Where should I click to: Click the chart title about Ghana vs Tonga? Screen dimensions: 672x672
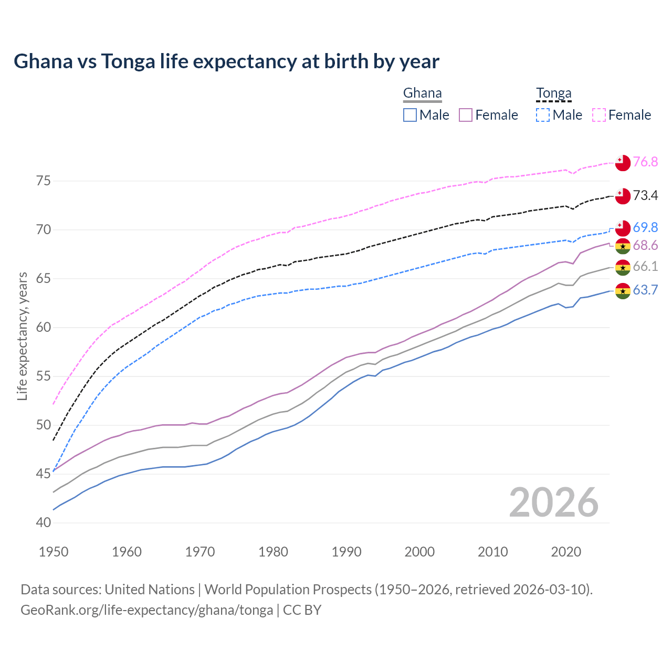(x=226, y=61)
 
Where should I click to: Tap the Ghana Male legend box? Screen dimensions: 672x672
(x=410, y=115)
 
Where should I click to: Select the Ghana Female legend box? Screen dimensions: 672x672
(x=466, y=115)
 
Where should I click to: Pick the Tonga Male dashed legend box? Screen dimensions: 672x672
(x=543, y=115)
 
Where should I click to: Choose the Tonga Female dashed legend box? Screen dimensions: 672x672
(x=599, y=115)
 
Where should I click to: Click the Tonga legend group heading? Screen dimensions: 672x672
(x=553, y=93)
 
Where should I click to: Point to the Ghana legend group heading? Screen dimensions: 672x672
(x=422, y=93)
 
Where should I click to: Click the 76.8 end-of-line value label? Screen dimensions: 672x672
(x=645, y=162)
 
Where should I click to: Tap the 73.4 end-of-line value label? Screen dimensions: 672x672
(x=645, y=195)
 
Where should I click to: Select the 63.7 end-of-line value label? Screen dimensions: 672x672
(x=645, y=290)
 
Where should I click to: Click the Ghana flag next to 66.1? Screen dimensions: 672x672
(x=623, y=267)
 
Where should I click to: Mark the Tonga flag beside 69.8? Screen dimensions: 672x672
(x=623, y=228)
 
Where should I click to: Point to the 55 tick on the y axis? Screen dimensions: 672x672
(x=44, y=376)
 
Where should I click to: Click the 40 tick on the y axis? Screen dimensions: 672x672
(x=44, y=523)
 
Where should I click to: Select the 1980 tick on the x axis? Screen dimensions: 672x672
(x=274, y=552)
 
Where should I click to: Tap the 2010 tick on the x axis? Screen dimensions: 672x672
(x=493, y=552)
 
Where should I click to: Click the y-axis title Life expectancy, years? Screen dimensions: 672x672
(x=22, y=336)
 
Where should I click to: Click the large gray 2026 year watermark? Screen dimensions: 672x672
(x=554, y=502)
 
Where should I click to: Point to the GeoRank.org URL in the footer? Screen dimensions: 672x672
(x=146, y=610)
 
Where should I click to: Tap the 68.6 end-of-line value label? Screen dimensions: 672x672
(x=645, y=245)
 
